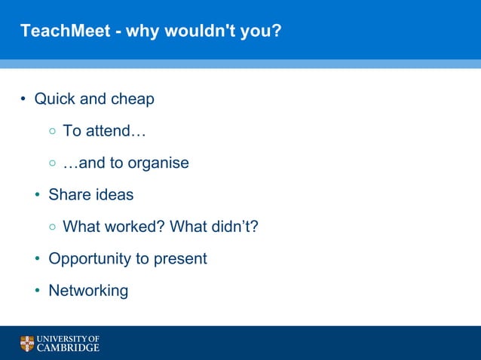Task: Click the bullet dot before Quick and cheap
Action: [x=23, y=99]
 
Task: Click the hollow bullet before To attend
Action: [x=52, y=132]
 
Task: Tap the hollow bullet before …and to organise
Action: [x=52, y=163]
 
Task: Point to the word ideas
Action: [x=114, y=194]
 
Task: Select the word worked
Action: [x=139, y=227]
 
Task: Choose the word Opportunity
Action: [x=89, y=259]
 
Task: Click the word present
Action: [x=181, y=259]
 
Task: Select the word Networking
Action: [x=88, y=291]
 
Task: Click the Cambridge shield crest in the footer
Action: [x=27, y=344]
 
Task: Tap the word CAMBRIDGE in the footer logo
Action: [x=69, y=349]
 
